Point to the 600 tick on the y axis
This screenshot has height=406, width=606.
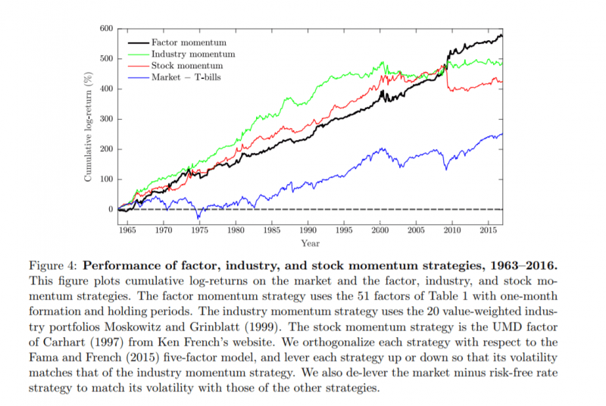click(105, 29)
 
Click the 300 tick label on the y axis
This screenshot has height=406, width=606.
click(105, 119)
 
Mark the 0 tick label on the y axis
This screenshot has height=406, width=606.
click(110, 209)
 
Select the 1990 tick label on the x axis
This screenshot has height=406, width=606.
click(308, 229)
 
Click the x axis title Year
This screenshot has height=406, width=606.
click(309, 243)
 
